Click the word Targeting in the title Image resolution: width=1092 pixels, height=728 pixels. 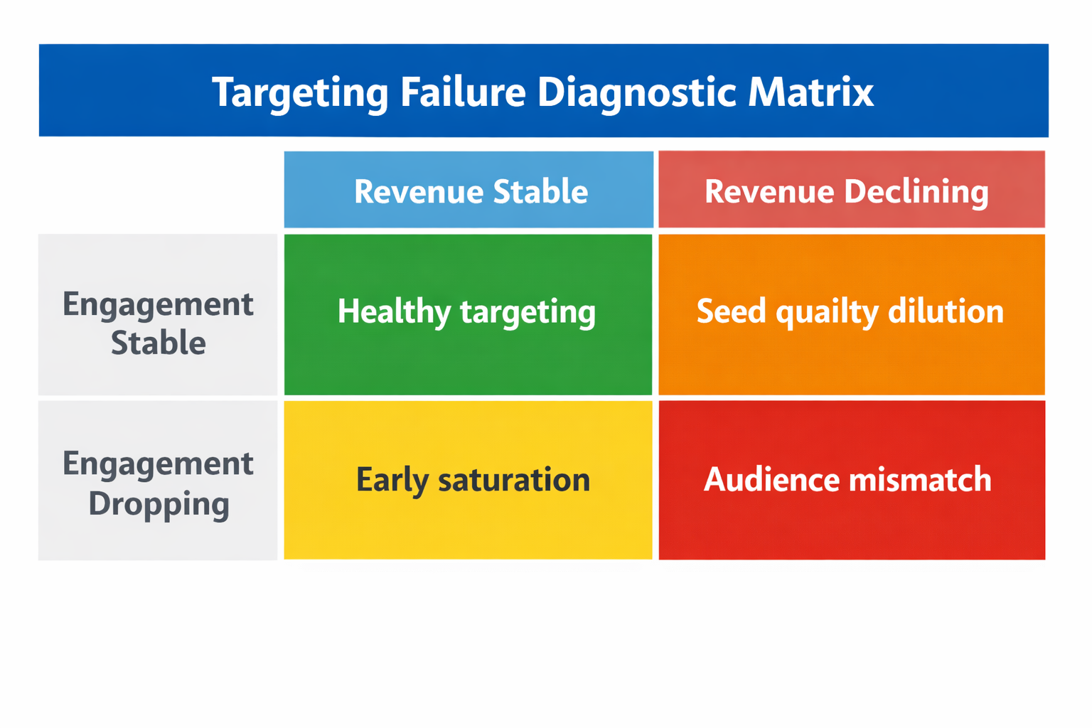[300, 92]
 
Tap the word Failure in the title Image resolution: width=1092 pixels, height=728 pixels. [462, 92]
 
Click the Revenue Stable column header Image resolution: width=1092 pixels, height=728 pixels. [470, 191]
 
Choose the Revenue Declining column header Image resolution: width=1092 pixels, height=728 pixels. [851, 191]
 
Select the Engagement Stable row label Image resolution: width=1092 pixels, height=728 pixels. [158, 323]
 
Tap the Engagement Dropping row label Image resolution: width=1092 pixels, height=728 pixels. [158, 483]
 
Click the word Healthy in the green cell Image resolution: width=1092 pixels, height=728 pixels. [393, 311]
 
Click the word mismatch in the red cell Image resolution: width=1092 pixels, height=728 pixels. [920, 479]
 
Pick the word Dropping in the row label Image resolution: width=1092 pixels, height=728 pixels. [159, 504]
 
